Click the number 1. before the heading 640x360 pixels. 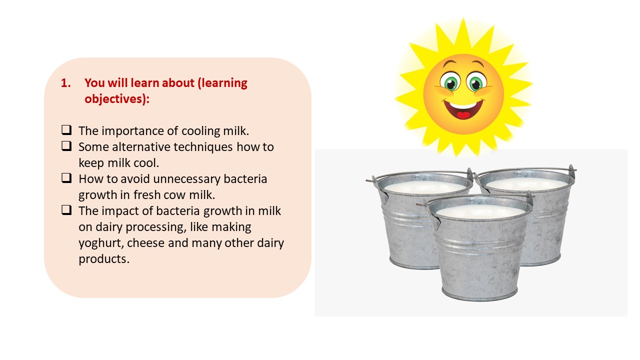(x=65, y=83)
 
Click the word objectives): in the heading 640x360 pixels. (x=117, y=99)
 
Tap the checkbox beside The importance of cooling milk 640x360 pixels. (x=66, y=129)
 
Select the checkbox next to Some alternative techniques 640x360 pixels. (x=66, y=145)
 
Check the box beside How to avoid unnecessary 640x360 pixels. (x=66, y=177)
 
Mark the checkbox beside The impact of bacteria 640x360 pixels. (x=66, y=209)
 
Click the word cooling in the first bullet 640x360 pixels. (x=201, y=131)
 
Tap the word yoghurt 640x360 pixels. (x=101, y=243)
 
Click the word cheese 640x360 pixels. (x=145, y=243)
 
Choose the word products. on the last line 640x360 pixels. (x=104, y=259)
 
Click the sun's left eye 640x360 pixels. (x=450, y=82)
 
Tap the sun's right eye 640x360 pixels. (x=476, y=82)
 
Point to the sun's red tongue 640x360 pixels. (x=463, y=115)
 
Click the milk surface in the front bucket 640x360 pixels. (x=480, y=211)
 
